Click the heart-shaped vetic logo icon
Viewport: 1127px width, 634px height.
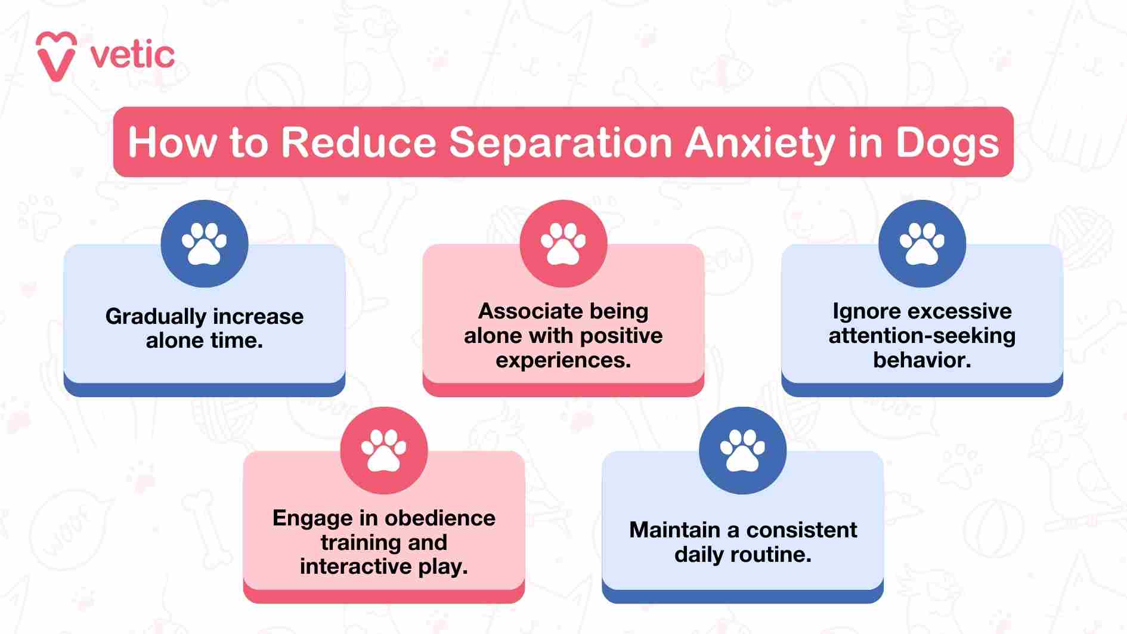pos(56,56)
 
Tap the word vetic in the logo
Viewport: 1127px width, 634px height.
pos(132,56)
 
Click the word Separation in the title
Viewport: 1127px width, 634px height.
pos(561,143)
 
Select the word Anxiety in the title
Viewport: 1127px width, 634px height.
pos(760,143)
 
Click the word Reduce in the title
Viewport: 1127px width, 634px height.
pos(358,143)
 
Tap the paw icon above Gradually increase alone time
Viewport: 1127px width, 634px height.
pos(205,243)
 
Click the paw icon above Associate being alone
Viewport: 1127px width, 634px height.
pos(563,243)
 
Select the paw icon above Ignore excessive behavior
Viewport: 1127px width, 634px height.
pos(922,243)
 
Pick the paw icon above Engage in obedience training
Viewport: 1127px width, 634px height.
pos(384,450)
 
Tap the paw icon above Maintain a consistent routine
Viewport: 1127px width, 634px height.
pos(742,450)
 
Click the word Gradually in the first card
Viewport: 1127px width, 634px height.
pos(156,317)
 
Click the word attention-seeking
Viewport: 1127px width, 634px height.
pos(922,336)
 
